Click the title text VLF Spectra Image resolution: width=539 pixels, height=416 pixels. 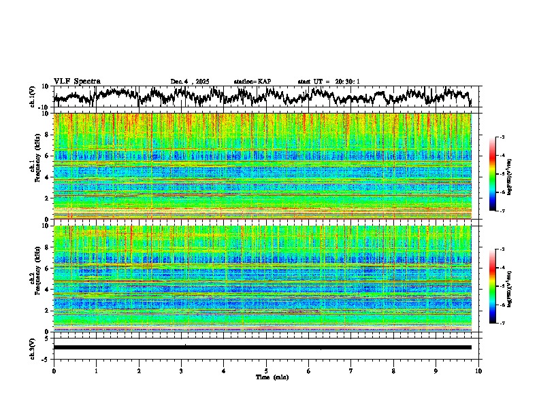click(x=77, y=81)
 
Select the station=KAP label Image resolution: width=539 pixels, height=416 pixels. click(x=252, y=82)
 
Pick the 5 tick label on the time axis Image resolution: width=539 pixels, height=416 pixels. click(x=266, y=370)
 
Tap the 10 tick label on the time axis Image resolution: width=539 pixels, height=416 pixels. click(x=478, y=370)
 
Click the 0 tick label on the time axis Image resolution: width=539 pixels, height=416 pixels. click(x=54, y=370)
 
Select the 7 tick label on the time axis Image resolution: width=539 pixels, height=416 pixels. click(x=351, y=370)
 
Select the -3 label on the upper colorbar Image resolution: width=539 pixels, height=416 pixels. click(x=502, y=137)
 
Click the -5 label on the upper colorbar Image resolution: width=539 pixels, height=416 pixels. click(x=502, y=174)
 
